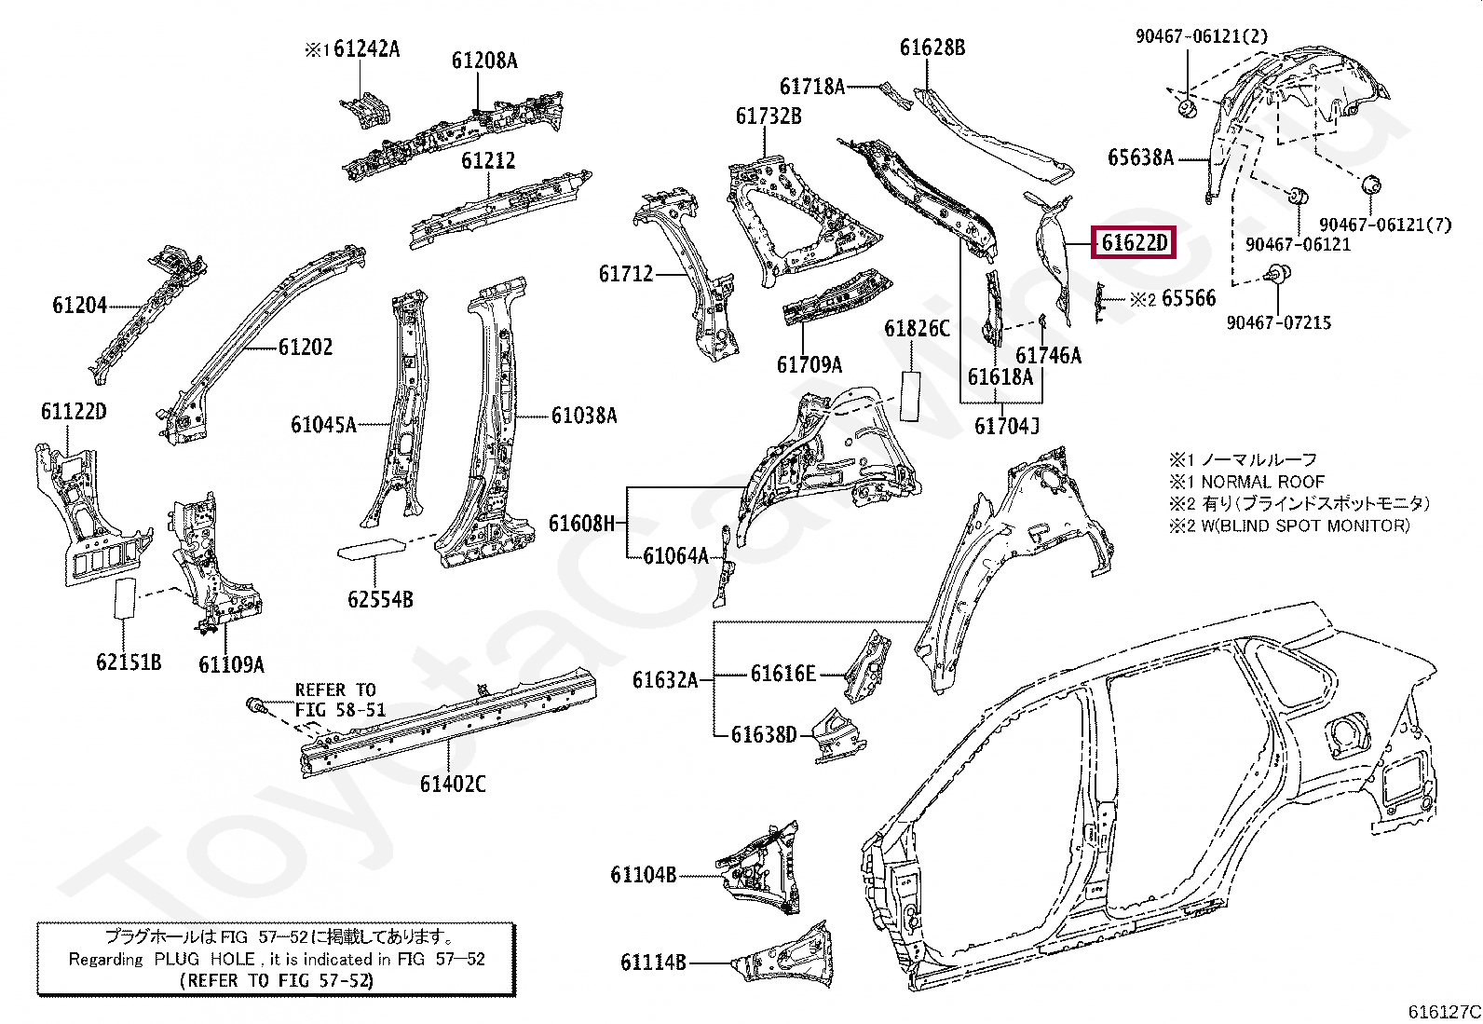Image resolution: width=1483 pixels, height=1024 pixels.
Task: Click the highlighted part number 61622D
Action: coord(1135,243)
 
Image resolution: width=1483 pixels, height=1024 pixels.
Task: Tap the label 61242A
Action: coord(367,49)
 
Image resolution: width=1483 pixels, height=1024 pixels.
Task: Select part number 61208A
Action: coord(484,61)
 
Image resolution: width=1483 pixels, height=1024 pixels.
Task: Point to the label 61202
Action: coord(306,347)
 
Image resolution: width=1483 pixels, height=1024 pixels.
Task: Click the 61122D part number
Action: coord(74,411)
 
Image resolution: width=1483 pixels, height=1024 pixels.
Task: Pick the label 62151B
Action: coord(129,662)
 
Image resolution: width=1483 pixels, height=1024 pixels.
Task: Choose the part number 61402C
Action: coord(453,785)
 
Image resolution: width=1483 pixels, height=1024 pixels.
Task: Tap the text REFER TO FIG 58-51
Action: coord(340,700)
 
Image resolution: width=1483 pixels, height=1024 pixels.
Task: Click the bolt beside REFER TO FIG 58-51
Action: coord(256,706)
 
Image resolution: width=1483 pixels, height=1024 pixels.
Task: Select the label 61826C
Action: coord(917,329)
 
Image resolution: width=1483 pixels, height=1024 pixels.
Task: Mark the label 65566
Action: coord(1189,299)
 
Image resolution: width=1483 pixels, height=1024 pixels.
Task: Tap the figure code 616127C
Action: coord(1444,1012)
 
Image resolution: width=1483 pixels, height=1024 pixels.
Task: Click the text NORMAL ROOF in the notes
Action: coord(1262,483)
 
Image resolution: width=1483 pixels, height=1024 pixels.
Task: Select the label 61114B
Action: coord(653,962)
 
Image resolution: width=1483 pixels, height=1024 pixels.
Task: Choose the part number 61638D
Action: coord(764,734)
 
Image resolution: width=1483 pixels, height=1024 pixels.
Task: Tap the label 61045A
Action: coord(324,425)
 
